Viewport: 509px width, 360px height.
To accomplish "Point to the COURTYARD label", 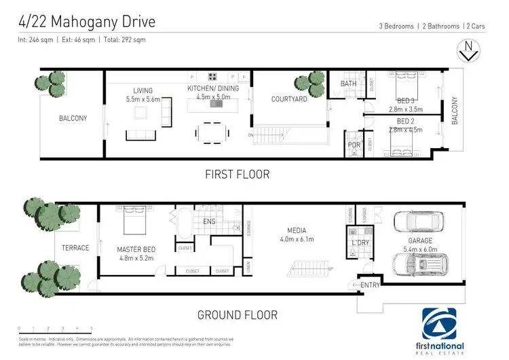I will pos(289,99).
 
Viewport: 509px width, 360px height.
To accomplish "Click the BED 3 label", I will pos(406,101).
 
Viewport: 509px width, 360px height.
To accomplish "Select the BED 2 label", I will pos(406,121).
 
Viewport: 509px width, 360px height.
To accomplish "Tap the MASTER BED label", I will pos(133,249).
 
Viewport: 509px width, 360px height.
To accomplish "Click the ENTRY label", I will pos(371,285).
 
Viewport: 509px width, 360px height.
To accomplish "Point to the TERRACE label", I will pos(75,248).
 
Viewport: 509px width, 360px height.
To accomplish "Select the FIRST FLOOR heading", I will pos(238,175).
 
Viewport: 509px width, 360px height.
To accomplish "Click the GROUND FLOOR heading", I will pos(237,315).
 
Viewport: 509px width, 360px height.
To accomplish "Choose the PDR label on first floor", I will pos(354,145).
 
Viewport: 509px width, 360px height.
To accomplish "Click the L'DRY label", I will pos(359,242).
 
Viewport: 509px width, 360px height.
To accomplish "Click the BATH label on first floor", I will pos(348,84).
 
